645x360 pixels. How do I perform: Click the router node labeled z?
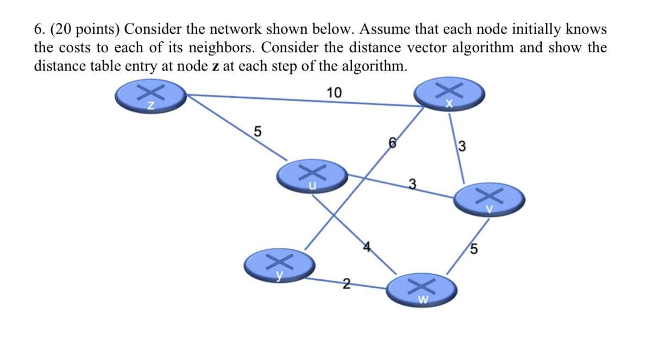coord(151,97)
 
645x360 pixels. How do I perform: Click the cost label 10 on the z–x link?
coord(334,93)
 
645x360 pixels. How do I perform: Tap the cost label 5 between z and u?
coord(258,131)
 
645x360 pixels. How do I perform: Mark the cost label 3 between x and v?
coord(462,146)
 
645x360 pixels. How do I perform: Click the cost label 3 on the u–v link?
coord(412,185)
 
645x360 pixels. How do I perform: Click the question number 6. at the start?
coord(39,29)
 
